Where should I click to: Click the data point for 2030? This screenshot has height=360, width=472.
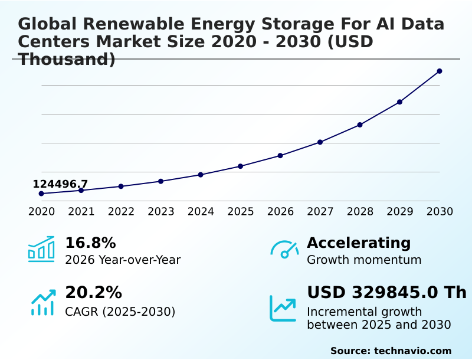(440, 71)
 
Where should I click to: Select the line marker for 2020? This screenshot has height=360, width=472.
(41, 194)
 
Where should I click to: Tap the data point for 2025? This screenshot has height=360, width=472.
(241, 166)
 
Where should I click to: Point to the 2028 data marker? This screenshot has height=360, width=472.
(360, 125)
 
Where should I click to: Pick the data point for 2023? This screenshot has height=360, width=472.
(160, 181)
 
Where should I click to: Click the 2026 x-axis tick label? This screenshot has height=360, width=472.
(280, 211)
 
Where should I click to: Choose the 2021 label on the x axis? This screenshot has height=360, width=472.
(81, 211)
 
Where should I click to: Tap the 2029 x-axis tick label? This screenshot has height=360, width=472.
(400, 211)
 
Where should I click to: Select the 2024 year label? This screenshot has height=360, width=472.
(201, 211)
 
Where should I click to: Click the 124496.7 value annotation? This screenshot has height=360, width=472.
(60, 184)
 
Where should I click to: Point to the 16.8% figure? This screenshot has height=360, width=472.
(90, 243)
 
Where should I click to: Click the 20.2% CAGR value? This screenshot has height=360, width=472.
(93, 293)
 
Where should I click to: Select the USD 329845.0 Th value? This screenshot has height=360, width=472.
(386, 293)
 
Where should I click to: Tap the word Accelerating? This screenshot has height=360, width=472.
(359, 243)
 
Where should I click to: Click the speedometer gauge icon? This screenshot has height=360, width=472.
(284, 250)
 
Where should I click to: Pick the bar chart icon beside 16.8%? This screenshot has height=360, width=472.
(41, 249)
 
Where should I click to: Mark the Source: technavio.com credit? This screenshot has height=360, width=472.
(391, 351)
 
